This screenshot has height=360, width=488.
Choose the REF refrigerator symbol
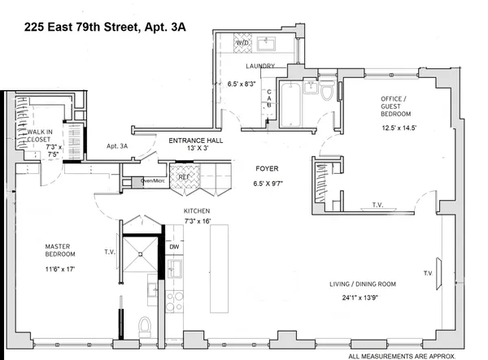click(184, 176)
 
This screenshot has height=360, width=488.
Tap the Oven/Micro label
click(153, 180)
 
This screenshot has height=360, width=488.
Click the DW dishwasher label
click(174, 246)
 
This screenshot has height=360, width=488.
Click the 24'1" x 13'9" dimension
click(357, 297)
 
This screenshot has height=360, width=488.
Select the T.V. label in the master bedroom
click(108, 252)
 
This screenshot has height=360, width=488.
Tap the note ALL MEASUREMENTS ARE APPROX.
click(412, 355)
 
